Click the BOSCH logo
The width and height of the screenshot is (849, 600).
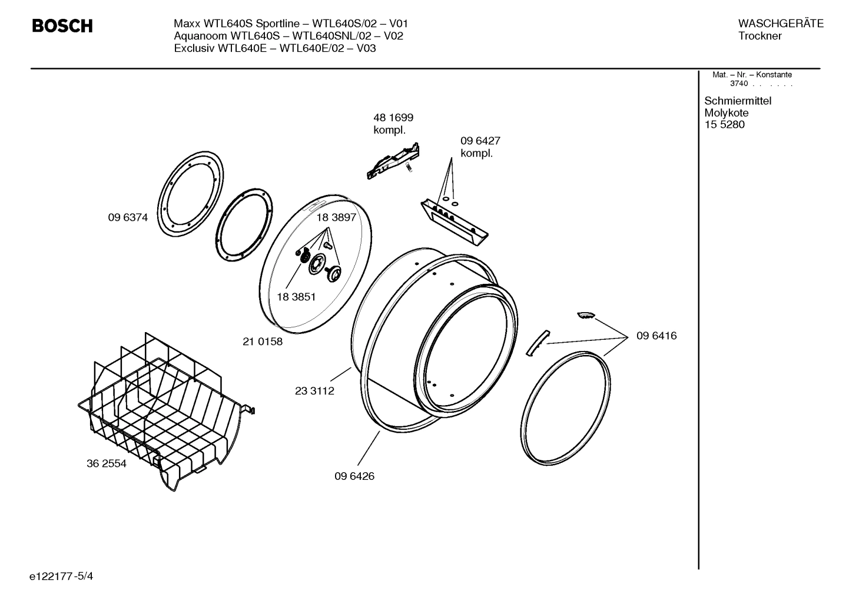coord(62,26)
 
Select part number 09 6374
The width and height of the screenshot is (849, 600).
coord(128,217)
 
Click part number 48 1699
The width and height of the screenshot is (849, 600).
coord(393,118)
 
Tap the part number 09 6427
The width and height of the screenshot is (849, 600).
coord(480,141)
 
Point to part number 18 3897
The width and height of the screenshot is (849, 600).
coord(336,217)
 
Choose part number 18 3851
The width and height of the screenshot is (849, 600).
coord(296,297)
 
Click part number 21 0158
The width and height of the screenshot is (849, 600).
coord(263,342)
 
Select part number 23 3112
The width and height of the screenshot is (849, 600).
coord(314,391)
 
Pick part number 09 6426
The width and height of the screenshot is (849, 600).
coord(354,476)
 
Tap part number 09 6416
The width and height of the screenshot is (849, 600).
coord(656,336)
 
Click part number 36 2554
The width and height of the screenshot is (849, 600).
coord(107,463)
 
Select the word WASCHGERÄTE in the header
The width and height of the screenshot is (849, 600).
coord(781,24)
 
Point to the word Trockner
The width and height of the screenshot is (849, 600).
coord(760,36)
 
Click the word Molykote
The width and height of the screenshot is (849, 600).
coord(727,112)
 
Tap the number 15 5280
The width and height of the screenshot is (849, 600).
coord(724,124)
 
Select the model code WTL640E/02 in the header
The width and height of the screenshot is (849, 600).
coord(311,48)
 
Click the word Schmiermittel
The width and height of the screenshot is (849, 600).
coord(738,101)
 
